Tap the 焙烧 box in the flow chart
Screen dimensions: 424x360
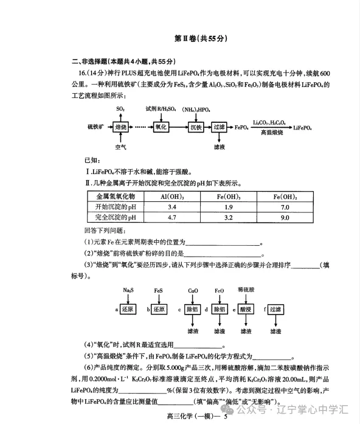pyautogui.click(x=121, y=128)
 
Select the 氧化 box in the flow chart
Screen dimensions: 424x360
pyautogui.click(x=160, y=128)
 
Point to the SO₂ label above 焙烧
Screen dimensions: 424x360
pyautogui.click(x=120, y=108)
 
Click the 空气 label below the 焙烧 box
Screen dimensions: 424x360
pyautogui.click(x=120, y=147)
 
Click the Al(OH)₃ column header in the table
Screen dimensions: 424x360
pyautogui.click(x=171, y=196)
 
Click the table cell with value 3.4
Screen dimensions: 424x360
pyautogui.click(x=171, y=207)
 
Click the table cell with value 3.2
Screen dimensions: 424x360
pyautogui.click(x=228, y=217)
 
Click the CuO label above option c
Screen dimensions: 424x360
pyautogui.click(x=193, y=291)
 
